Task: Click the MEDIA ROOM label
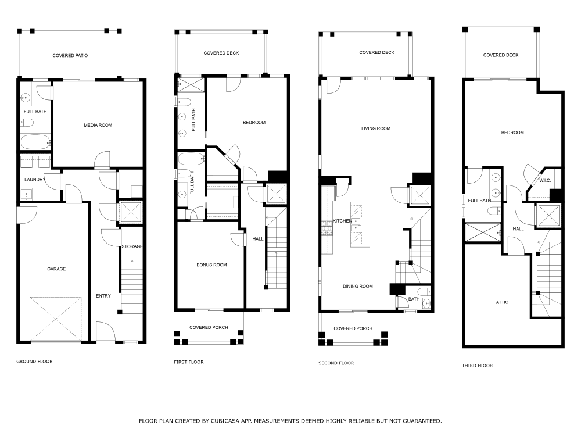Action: (x=98, y=125)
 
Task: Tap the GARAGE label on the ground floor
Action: (x=56, y=269)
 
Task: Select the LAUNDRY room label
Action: (x=35, y=180)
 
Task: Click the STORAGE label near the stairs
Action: (x=132, y=247)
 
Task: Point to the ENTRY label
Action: (x=103, y=296)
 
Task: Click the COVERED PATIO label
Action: (x=70, y=56)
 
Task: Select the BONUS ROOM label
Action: (x=211, y=265)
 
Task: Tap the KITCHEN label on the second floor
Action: (x=342, y=221)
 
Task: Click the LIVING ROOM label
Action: (x=376, y=128)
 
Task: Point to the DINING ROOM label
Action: (x=358, y=286)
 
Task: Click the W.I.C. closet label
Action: (x=544, y=180)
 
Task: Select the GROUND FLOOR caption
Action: (x=34, y=362)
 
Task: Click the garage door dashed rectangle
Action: (x=56, y=319)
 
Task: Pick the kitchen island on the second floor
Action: (x=360, y=225)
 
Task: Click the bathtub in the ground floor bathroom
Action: (x=35, y=142)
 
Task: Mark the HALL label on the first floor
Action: (x=257, y=239)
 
